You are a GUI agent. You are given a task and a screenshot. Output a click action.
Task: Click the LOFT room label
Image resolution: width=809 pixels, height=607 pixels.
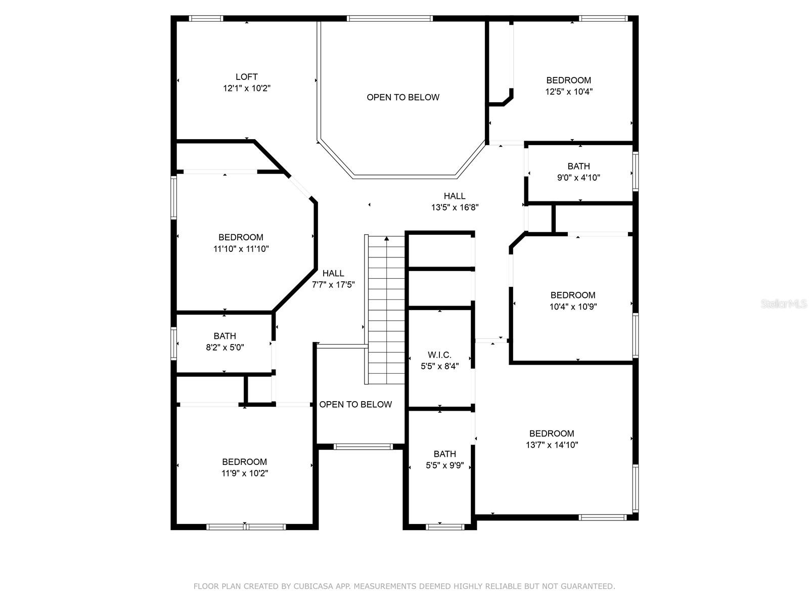coord(247,77)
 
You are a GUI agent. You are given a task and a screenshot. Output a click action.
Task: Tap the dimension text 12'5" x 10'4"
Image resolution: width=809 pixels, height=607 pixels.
coord(569,92)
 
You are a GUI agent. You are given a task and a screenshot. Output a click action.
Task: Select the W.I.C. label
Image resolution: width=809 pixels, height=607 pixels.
coord(439,355)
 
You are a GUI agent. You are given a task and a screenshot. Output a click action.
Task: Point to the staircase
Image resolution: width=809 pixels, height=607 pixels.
coord(384,310)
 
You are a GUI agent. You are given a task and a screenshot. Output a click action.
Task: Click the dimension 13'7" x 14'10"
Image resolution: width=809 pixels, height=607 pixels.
coord(552,445)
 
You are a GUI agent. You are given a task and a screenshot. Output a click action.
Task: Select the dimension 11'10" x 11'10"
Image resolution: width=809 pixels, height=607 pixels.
coord(241,249)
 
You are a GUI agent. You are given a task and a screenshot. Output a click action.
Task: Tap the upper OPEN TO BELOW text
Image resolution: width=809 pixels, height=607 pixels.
coord(403,97)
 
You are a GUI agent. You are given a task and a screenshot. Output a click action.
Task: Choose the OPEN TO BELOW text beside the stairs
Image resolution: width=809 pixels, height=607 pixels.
coord(355,404)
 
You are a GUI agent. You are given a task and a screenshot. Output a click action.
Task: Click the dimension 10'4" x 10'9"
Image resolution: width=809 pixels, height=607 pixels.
coord(573,307)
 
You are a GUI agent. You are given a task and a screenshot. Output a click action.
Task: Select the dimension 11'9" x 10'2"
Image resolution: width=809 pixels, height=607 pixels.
coord(244,473)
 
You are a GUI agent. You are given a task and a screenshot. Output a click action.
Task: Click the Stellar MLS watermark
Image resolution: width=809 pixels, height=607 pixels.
coord(784,303)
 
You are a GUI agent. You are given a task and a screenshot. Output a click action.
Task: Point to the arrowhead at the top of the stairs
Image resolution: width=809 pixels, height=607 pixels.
coord(386,238)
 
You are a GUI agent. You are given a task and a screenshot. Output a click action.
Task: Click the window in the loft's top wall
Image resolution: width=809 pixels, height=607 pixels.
coord(206,18)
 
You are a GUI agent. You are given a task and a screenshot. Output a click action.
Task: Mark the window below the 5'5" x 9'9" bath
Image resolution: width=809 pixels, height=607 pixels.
coord(445,527)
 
